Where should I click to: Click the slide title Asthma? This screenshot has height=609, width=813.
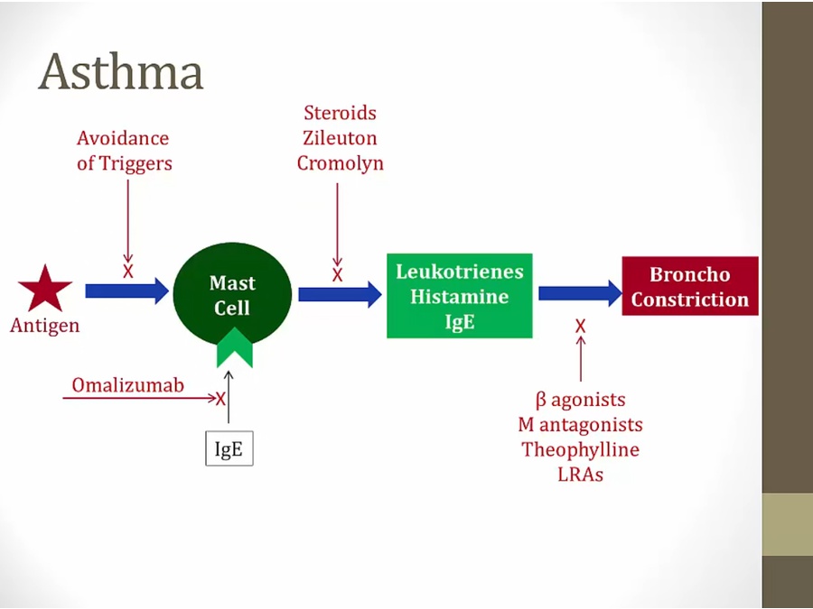coord(120,72)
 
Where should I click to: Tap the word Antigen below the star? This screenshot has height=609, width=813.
coord(45,326)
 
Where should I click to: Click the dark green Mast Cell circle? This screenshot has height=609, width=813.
coord(232,294)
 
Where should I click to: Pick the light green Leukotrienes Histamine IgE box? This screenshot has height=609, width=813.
coord(459,297)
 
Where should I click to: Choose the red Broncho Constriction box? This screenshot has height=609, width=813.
coord(689,286)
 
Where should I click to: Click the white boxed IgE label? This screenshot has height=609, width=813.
coord(229,448)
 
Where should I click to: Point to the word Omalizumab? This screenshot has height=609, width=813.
coord(128,385)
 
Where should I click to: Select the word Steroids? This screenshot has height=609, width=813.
coord(340,114)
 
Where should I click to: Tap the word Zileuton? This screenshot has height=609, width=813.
coord(340,138)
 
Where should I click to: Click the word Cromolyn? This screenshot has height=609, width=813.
coord(340,163)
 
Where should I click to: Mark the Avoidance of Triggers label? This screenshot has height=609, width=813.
coord(123,151)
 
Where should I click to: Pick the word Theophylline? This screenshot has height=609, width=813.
coord(580,449)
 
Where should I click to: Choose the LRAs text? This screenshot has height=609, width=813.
coord(580,474)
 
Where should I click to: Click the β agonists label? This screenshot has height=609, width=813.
coord(580,400)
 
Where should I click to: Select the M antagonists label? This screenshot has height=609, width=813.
coord(580,424)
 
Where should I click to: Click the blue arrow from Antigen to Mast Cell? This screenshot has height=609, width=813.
coord(126,291)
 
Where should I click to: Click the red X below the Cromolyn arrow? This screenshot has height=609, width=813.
coord(338,275)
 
